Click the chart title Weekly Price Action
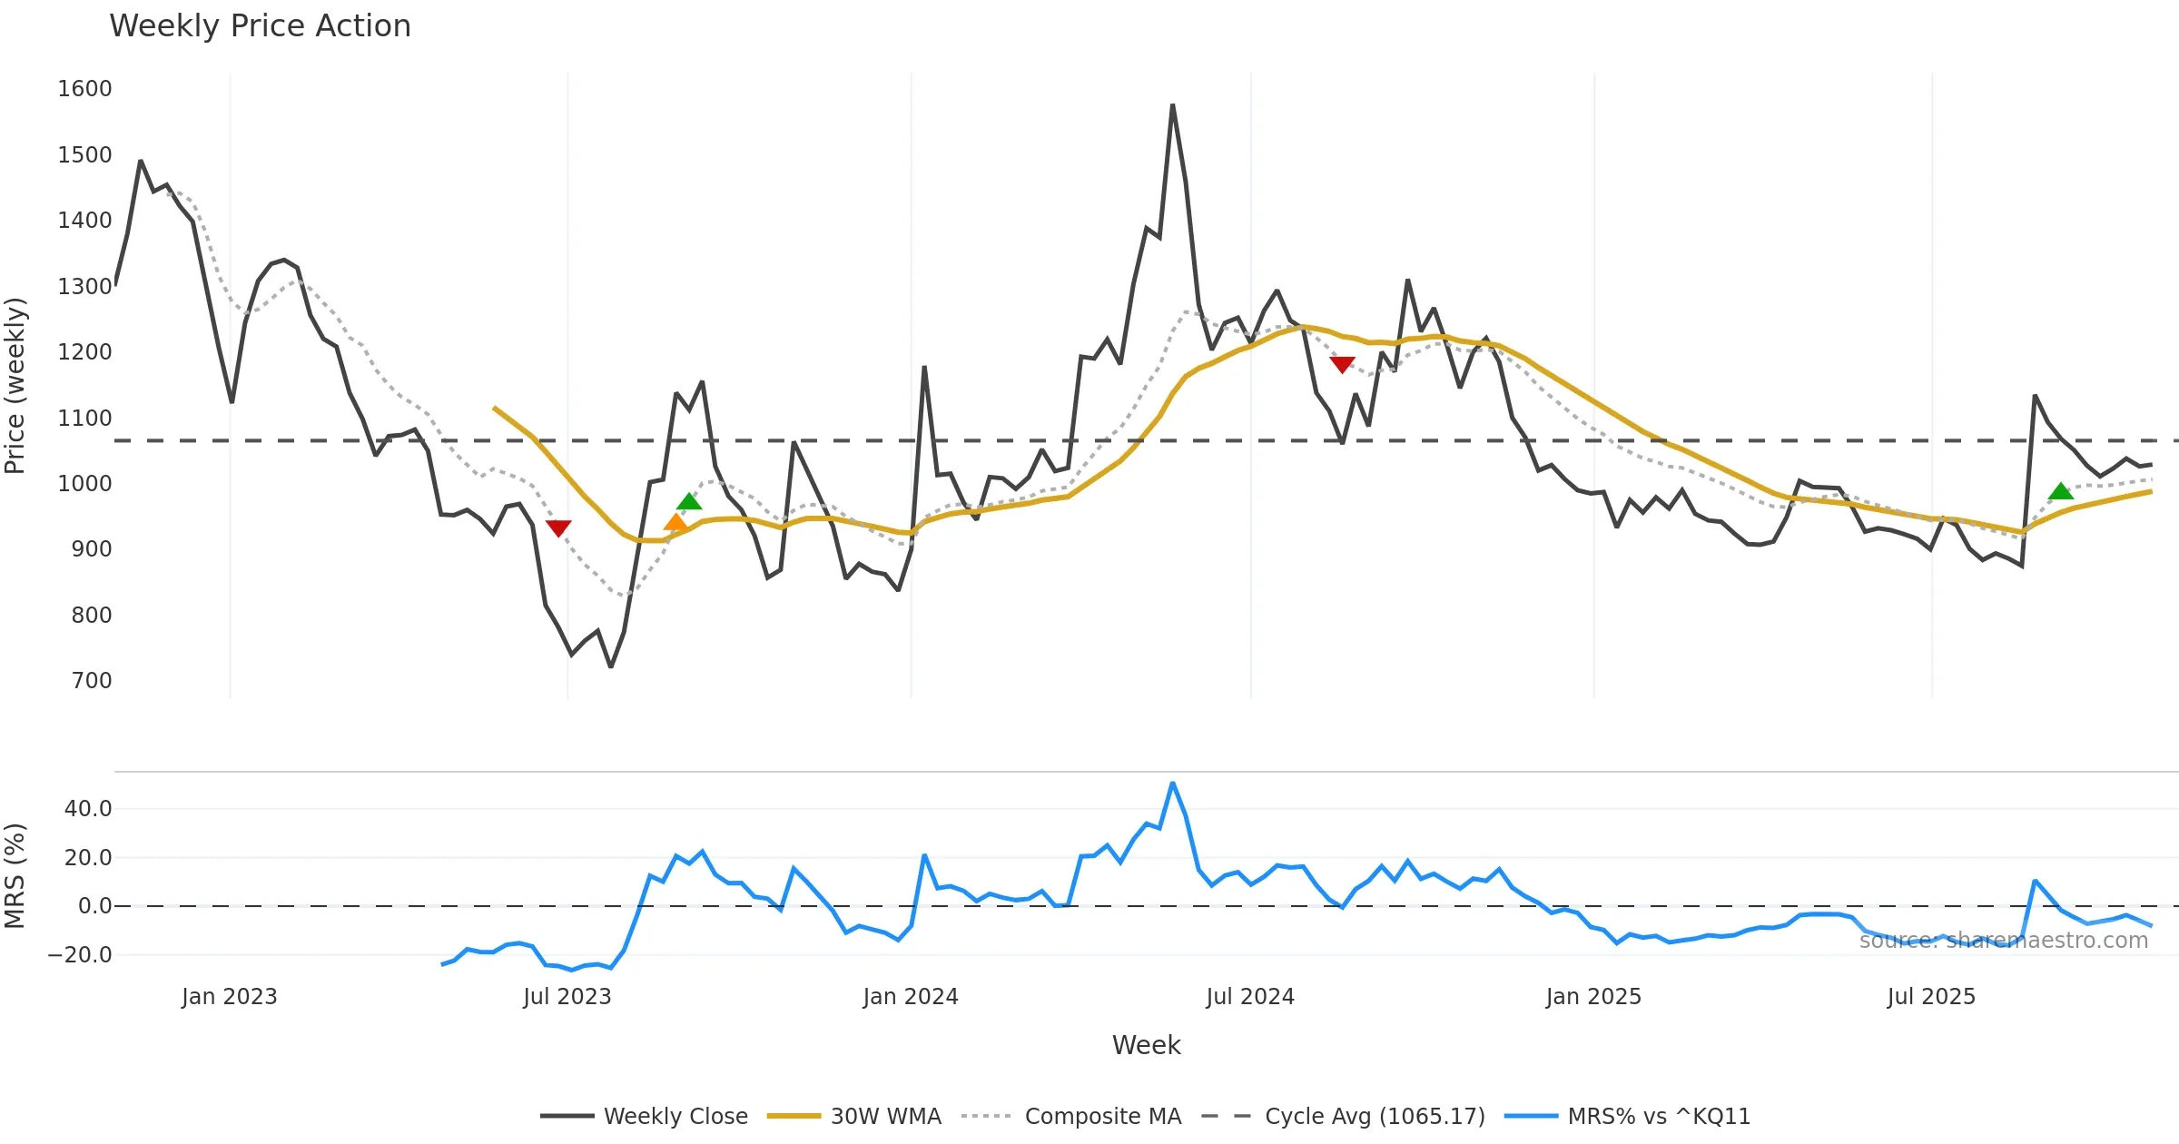point(260,26)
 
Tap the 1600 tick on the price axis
point(84,89)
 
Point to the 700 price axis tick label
point(91,681)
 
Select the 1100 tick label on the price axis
point(84,419)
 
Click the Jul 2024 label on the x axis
point(1249,997)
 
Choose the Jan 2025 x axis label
point(1593,997)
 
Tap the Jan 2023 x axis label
point(229,997)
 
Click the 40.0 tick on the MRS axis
point(88,809)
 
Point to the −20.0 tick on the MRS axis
point(80,955)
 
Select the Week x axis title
point(1146,1046)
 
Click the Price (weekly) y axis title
point(15,386)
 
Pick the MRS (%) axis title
point(15,876)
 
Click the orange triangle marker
point(676,522)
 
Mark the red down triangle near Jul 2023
point(558,528)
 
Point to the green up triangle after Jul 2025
point(2061,491)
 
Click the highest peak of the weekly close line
point(1172,106)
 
